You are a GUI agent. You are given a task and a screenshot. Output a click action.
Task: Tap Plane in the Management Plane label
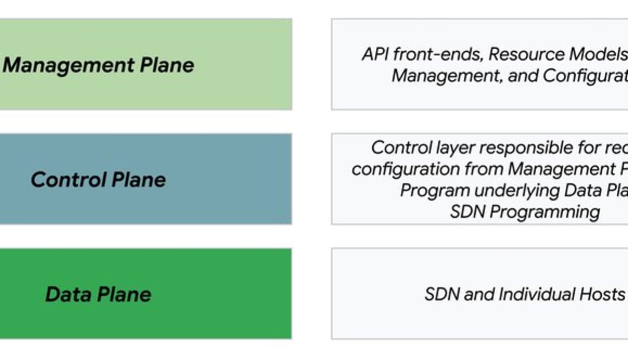(167, 65)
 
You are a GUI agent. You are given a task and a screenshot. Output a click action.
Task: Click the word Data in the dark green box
(68, 294)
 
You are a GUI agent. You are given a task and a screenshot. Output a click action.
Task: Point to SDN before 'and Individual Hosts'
(441, 294)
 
